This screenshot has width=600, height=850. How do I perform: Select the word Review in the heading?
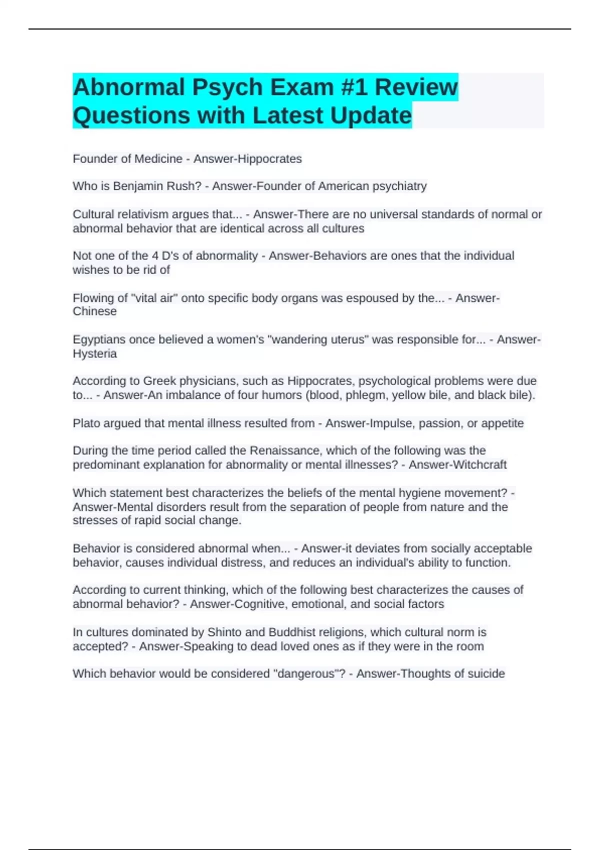tap(416, 87)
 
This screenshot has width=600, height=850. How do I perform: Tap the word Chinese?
tap(94, 311)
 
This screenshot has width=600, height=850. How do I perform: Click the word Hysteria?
tap(94, 353)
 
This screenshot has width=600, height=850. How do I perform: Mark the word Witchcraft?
tap(479, 464)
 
